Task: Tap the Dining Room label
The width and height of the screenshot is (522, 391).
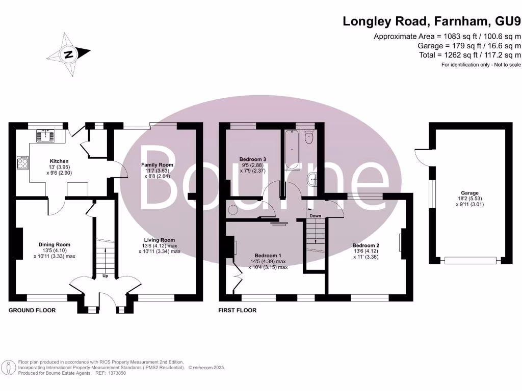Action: (55, 244)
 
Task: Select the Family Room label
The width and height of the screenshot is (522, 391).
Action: (157, 165)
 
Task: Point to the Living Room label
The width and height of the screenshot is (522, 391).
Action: (160, 240)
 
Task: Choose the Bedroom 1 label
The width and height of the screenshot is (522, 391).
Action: (268, 255)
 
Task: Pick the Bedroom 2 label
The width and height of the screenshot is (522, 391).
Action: (366, 245)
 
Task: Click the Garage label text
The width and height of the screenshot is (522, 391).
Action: (470, 193)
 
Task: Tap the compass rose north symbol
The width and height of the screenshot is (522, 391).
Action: (68, 53)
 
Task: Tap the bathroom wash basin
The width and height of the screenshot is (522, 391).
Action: (313, 178)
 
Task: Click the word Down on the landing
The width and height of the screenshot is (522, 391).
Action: (316, 216)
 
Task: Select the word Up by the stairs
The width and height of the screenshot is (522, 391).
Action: (105, 276)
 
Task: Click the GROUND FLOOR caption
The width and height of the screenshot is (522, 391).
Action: (32, 310)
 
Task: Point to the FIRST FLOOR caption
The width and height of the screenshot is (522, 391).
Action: (237, 310)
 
